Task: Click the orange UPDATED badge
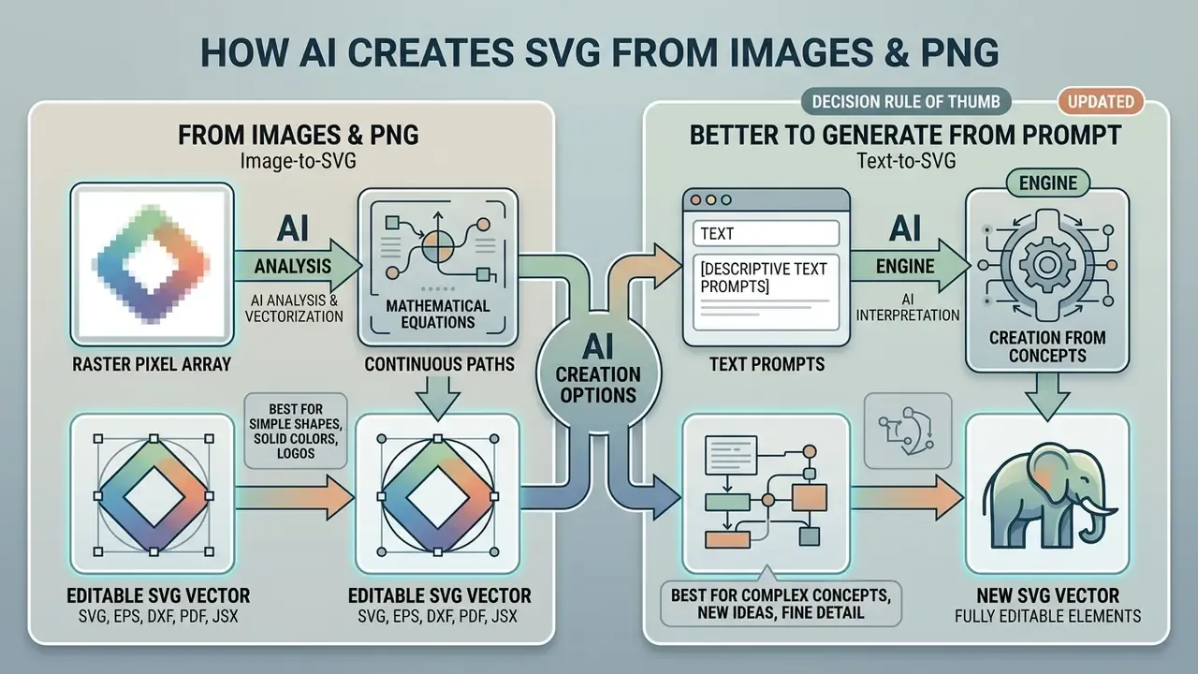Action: [x=1101, y=102]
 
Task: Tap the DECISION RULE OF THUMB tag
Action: [x=906, y=102]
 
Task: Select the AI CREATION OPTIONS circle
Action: [x=598, y=373]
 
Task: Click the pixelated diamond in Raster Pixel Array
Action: [x=152, y=264]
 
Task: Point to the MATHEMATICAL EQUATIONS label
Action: [x=438, y=314]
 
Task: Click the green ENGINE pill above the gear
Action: [x=1047, y=183]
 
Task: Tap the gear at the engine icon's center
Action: [x=1046, y=264]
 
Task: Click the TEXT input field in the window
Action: [x=766, y=233]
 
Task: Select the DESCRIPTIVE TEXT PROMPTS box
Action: [x=766, y=292]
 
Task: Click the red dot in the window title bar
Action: [x=695, y=200]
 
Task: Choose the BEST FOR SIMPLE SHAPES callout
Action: [x=296, y=432]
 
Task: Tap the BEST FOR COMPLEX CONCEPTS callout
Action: [x=781, y=603]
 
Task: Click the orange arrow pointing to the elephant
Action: [x=907, y=497]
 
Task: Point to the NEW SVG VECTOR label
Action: [x=1047, y=595]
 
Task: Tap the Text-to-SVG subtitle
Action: [x=906, y=161]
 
